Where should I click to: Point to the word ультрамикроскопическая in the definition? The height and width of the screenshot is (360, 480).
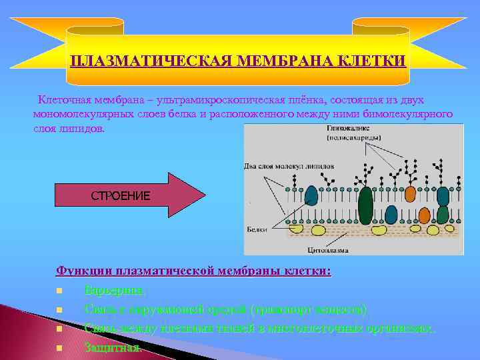(x=177, y=100)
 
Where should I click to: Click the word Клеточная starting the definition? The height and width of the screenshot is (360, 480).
(x=63, y=100)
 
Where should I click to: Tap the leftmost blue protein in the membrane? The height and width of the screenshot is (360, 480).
(x=311, y=195)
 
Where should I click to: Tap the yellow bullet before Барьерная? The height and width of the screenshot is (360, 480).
(x=59, y=291)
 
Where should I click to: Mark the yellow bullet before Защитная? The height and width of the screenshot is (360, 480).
(x=59, y=348)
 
